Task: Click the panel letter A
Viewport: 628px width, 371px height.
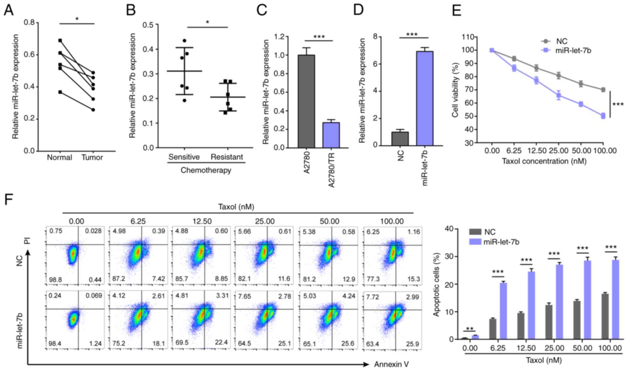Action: [x=9, y=11]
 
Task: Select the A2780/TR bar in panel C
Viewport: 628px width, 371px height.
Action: [x=331, y=135]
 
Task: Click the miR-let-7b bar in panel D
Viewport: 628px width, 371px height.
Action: [x=424, y=98]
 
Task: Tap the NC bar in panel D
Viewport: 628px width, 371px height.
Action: [x=400, y=139]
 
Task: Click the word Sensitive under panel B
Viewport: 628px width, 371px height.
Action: [x=184, y=157]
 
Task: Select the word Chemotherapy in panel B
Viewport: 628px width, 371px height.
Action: [x=206, y=170]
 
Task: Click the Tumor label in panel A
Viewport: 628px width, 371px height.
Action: [x=92, y=158]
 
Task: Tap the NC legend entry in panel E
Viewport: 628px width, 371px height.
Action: [x=562, y=41]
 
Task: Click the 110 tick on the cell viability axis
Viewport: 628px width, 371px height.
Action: [x=468, y=37]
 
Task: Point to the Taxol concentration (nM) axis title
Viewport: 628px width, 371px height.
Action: [x=544, y=161]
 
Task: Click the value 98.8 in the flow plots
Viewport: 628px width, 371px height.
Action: [x=55, y=280]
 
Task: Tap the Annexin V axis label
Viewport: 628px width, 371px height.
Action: [x=391, y=365]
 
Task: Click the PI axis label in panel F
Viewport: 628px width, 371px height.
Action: [x=28, y=240]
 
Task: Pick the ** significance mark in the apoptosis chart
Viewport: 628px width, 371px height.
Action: [x=470, y=328]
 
